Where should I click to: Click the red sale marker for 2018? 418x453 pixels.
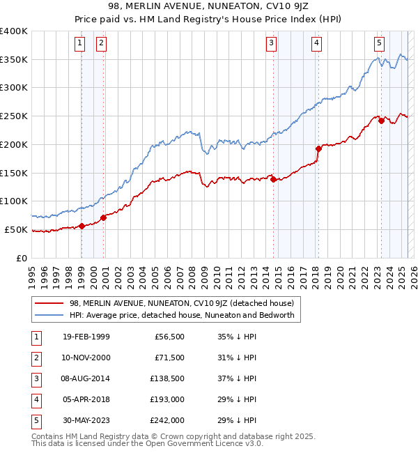point(318,148)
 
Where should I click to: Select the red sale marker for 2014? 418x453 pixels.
point(273,179)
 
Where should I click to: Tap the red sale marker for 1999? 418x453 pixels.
point(82,225)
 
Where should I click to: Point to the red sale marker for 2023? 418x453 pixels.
point(381,121)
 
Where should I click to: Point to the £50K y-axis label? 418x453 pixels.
point(16,229)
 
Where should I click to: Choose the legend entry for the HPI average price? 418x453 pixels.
point(182,315)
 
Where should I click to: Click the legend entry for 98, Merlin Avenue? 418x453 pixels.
point(182,303)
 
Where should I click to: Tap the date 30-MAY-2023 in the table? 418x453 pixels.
point(86,421)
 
